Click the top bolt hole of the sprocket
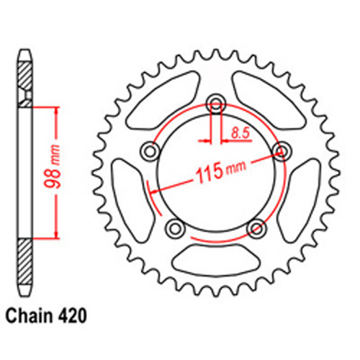click(x=215, y=104)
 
